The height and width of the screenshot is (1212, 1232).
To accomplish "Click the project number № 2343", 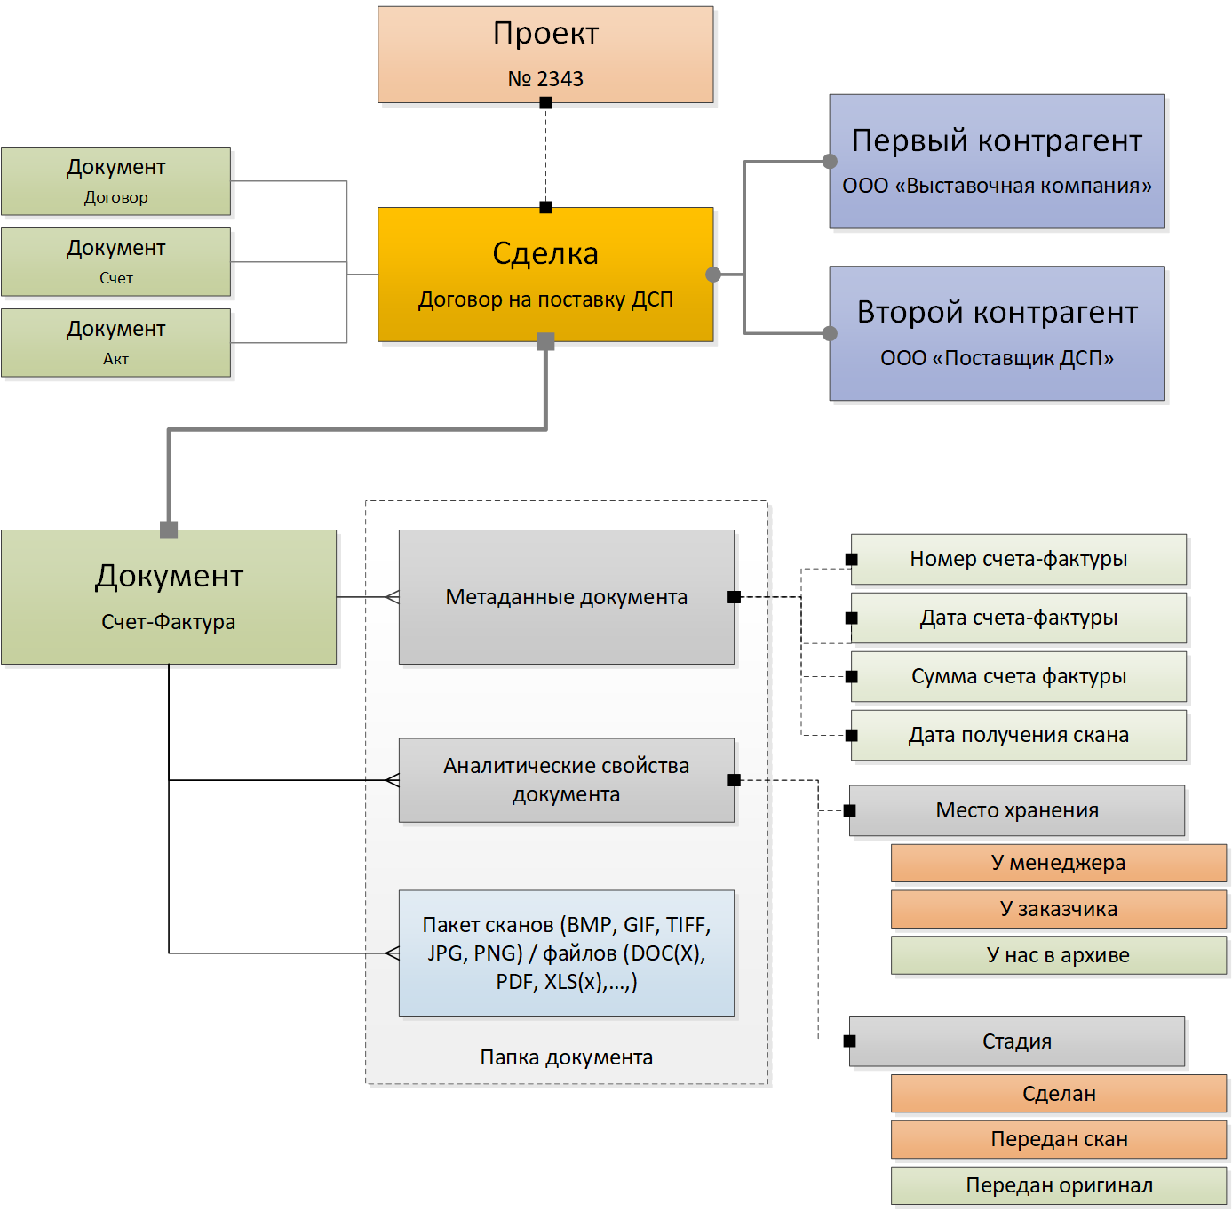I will click(x=545, y=79).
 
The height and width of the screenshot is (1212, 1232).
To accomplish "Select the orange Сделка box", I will click(x=545, y=274).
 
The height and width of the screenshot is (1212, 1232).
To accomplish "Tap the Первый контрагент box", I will click(x=997, y=162).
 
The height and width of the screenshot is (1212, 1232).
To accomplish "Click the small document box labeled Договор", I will click(x=115, y=181).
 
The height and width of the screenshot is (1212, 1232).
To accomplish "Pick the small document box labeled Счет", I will click(x=115, y=262).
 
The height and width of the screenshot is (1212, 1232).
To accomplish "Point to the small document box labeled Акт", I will click(x=115, y=343).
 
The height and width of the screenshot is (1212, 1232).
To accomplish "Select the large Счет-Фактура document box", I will click(x=169, y=597).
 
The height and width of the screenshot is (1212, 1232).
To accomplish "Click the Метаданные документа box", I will click(x=567, y=597).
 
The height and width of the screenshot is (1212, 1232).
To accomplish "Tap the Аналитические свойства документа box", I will click(x=567, y=780).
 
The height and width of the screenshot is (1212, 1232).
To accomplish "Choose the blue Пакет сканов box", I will click(x=567, y=953).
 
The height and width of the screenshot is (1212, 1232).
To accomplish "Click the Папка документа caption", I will click(x=567, y=1057).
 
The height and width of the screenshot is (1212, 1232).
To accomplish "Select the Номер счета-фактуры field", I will click(x=1019, y=559).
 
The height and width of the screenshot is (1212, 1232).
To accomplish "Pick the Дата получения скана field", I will click(x=1019, y=735).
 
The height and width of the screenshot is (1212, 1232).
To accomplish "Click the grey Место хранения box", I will click(x=1017, y=810).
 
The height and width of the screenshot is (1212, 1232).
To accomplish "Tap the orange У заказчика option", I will click(x=1059, y=909).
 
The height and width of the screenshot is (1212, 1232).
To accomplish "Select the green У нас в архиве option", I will click(x=1059, y=955).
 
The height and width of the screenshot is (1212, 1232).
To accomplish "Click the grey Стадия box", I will click(x=1017, y=1041).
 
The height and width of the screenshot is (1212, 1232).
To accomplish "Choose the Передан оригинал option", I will click(x=1059, y=1185).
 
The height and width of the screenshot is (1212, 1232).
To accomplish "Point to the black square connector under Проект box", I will click(x=545, y=103).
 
